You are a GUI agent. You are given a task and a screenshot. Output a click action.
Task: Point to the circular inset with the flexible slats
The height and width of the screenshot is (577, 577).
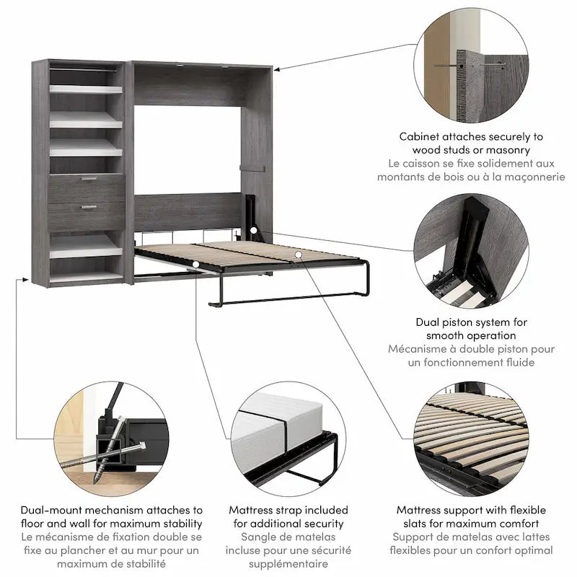pyautogui.click(x=474, y=440)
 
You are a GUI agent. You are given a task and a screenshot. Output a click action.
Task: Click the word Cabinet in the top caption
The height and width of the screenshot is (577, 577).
pyautogui.click(x=423, y=136)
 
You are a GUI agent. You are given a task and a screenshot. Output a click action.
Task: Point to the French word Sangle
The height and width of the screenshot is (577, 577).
pyautogui.click(x=260, y=537)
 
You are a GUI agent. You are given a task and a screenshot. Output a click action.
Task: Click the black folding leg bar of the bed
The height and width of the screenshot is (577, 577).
pyautogui.click(x=288, y=297)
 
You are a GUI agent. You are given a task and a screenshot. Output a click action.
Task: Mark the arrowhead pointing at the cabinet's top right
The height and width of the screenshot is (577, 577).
pyautogui.click(x=277, y=69)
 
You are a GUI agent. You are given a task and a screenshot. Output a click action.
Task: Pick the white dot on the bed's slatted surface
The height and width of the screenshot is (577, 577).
pyautogui.click(x=298, y=255)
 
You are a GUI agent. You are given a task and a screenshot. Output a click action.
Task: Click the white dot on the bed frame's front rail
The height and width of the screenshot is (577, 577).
pyautogui.click(x=196, y=264)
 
